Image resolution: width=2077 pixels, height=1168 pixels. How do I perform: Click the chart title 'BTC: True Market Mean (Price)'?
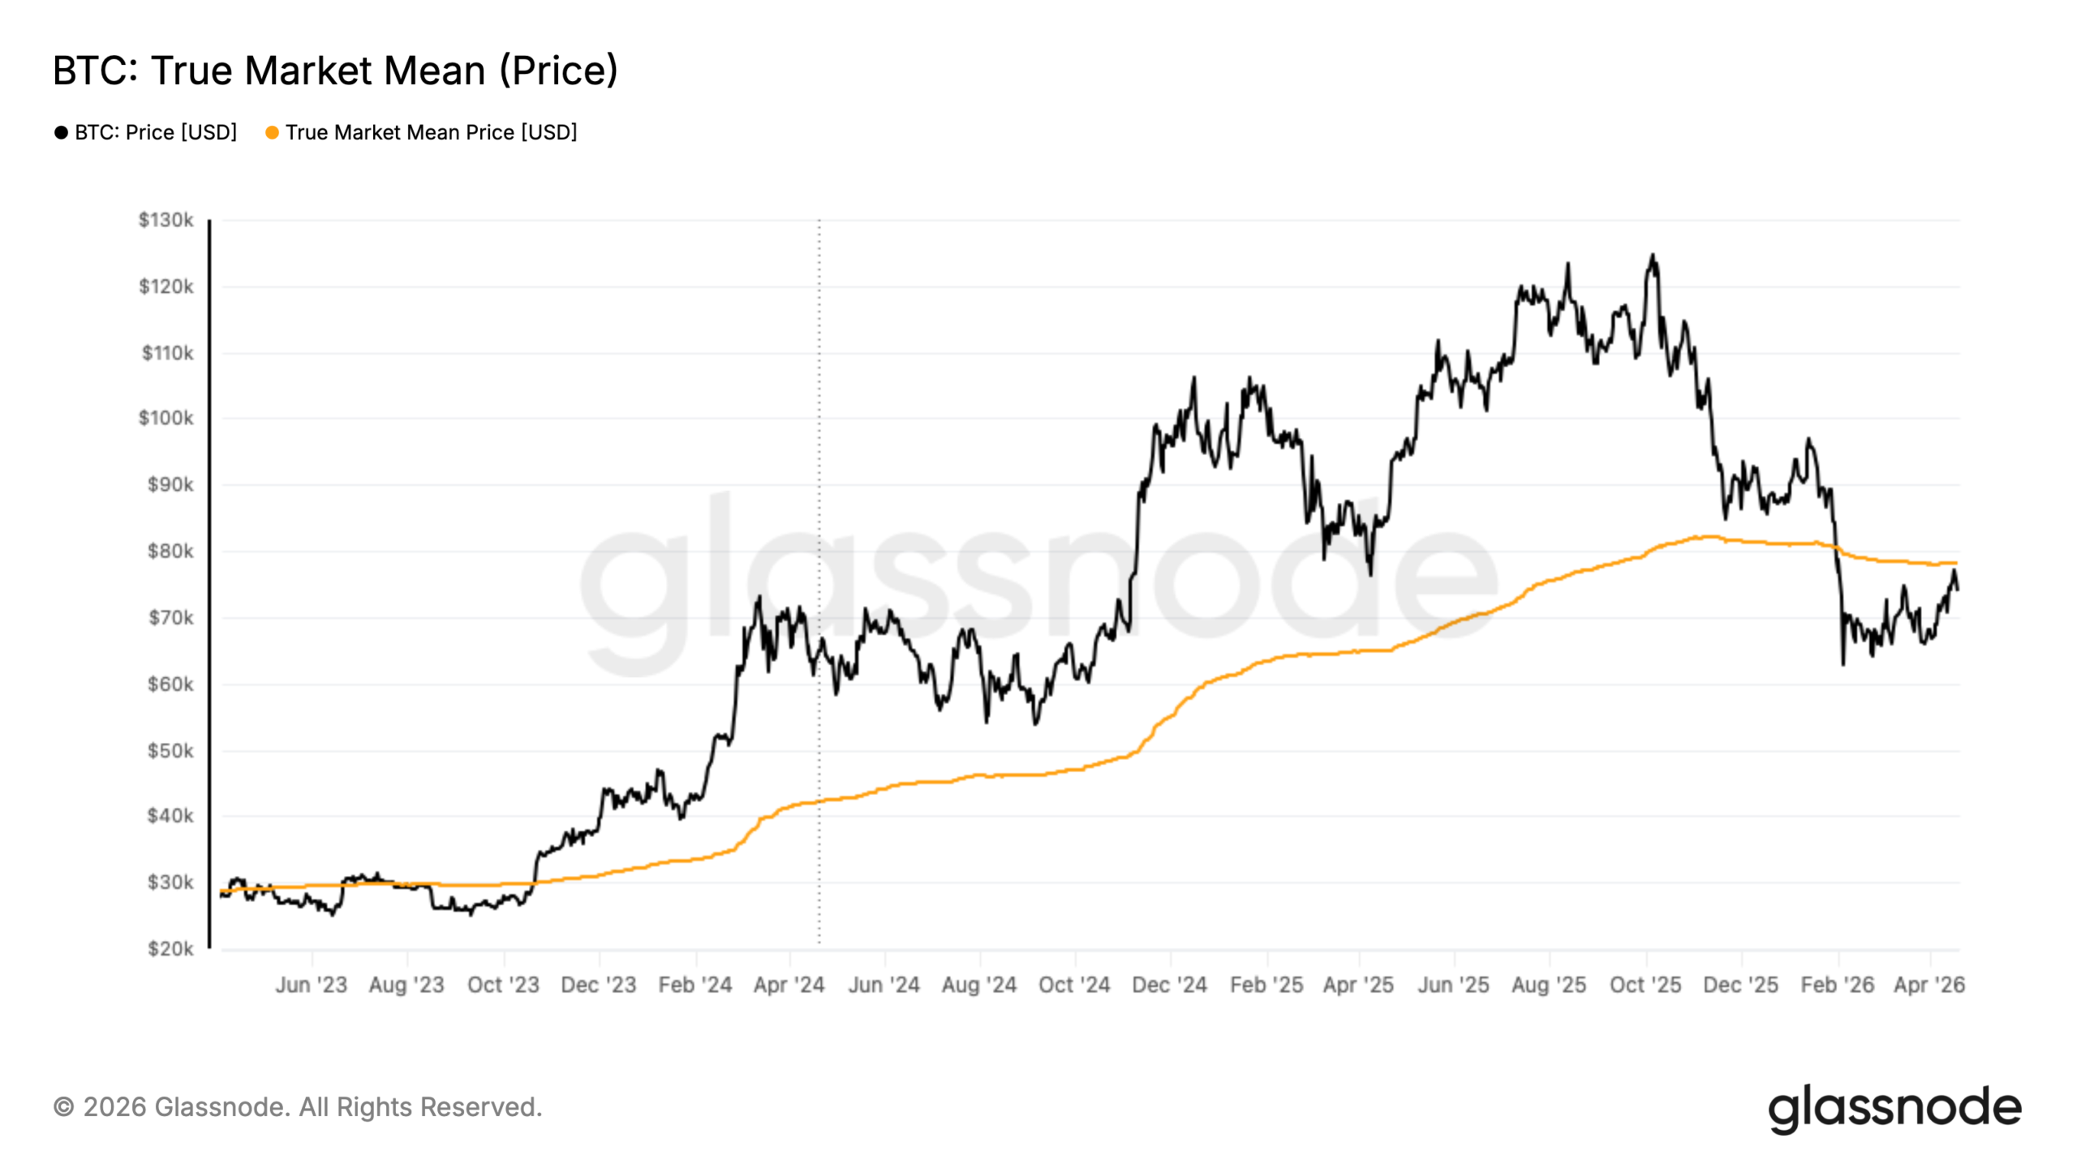(335, 71)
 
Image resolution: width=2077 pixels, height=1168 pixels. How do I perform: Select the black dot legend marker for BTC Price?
(61, 132)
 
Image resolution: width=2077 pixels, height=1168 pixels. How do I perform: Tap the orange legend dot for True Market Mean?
(272, 132)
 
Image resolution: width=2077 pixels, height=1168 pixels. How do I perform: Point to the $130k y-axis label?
(166, 220)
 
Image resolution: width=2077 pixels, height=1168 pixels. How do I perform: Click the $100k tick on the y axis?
(166, 418)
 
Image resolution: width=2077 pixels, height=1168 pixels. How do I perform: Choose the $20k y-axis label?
(170, 948)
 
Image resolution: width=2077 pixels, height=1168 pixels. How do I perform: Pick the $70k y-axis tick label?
(170, 618)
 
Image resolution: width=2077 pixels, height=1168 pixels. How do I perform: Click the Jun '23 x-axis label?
(311, 985)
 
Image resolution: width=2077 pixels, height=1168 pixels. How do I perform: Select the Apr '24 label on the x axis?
(789, 985)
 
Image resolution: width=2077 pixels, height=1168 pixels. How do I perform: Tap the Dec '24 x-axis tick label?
(1169, 985)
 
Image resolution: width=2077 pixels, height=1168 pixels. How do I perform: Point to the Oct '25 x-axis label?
(1645, 985)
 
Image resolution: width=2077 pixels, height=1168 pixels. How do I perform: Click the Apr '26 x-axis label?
(1929, 985)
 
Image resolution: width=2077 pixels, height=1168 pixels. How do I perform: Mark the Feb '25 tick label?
(1266, 985)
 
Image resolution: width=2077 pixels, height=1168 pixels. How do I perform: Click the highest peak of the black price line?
(1653, 256)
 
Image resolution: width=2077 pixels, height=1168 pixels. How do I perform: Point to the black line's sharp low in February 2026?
(1843, 663)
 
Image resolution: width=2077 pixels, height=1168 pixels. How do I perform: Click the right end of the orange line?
(1955, 563)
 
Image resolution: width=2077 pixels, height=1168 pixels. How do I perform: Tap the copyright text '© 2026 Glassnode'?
(297, 1107)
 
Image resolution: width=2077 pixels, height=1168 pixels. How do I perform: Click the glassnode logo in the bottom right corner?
(1894, 1109)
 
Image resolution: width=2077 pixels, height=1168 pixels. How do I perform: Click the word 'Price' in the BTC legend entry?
(150, 132)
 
